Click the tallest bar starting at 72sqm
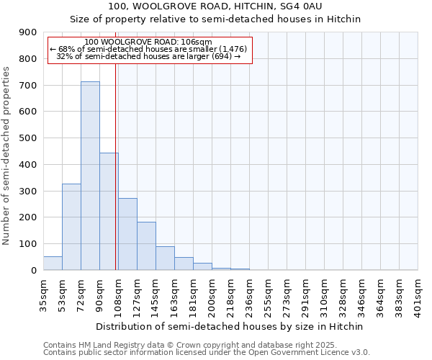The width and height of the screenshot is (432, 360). pyautogui.click(x=90, y=176)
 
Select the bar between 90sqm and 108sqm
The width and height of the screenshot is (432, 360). pyautogui.click(x=109, y=212)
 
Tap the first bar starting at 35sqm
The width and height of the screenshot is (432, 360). pyautogui.click(x=53, y=264)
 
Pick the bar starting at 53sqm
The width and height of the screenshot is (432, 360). pyautogui.click(x=71, y=227)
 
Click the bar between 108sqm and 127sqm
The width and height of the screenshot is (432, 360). pyautogui.click(x=127, y=234)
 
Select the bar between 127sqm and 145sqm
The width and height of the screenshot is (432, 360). pyautogui.click(x=146, y=246)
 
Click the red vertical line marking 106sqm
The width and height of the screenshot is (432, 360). pyautogui.click(x=116, y=166)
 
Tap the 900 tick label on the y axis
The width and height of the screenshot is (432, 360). pyautogui.click(x=28, y=32)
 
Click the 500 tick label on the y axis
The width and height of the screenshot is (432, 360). pyautogui.click(x=28, y=138)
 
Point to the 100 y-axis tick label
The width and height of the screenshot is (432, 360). pyautogui.click(x=28, y=244)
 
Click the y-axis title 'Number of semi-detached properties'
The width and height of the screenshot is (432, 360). pyautogui.click(x=7, y=156)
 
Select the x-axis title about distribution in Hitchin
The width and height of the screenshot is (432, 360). pyautogui.click(x=230, y=326)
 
